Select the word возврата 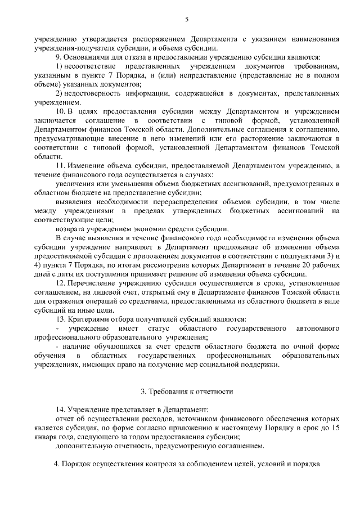click(x=70, y=228)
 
